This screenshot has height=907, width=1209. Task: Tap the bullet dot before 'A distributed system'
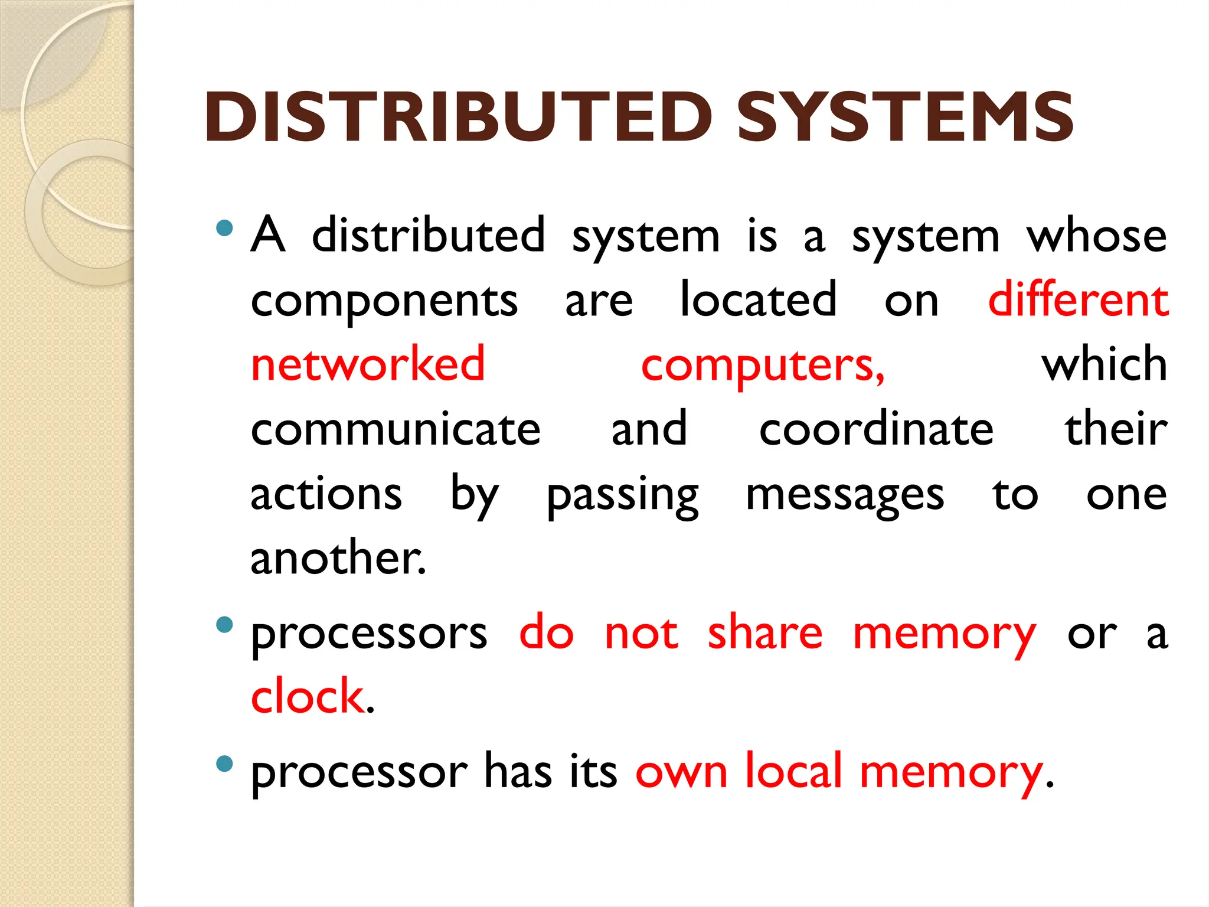pos(224,228)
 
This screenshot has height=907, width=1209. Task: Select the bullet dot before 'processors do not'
pos(224,625)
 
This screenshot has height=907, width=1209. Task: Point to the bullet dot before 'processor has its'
pos(224,764)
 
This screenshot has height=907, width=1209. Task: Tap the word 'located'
pos(759,299)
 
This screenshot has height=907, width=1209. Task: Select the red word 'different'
pos(1078,299)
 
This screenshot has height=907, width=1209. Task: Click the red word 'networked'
pos(368,364)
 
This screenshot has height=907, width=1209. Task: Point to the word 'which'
pos(1104,364)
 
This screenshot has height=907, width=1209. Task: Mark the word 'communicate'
pos(396,429)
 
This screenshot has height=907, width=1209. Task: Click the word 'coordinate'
pos(876,429)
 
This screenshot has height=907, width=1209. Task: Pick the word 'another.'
pos(338,557)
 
